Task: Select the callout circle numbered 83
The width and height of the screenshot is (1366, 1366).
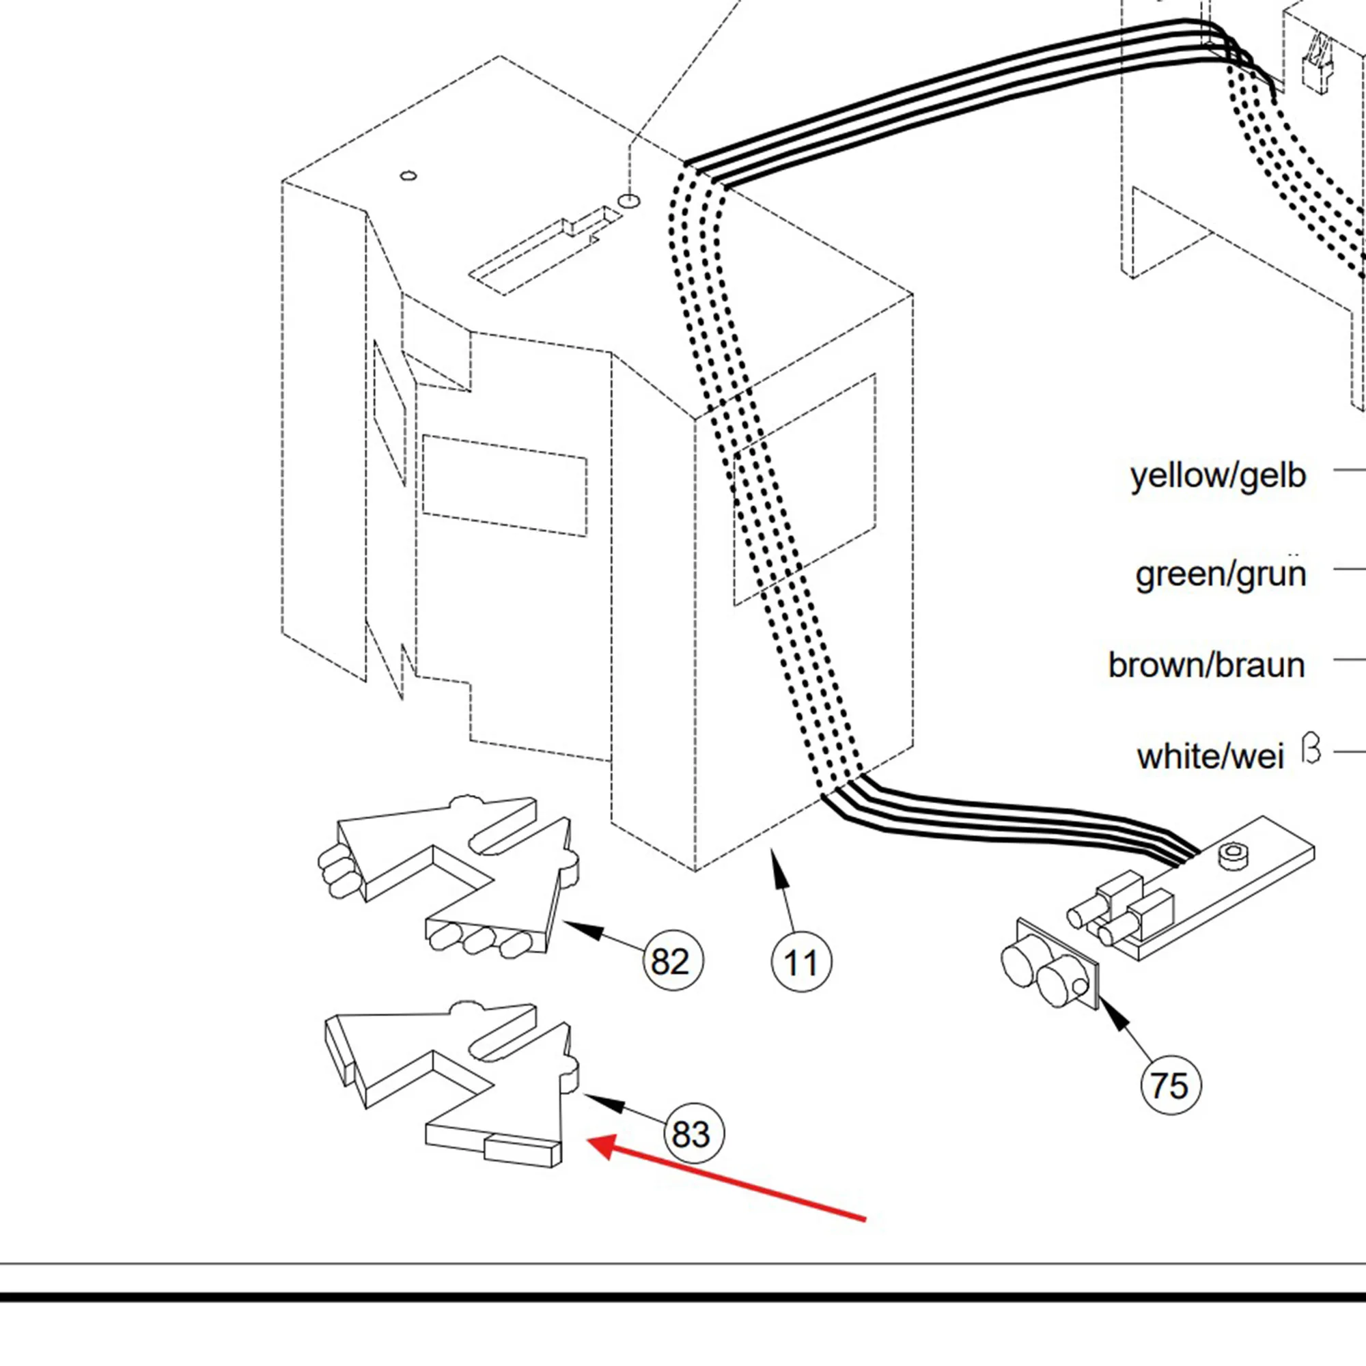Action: coord(694,1134)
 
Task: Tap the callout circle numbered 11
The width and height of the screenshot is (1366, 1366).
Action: coord(801,962)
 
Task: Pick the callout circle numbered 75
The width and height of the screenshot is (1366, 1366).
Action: coord(1170,1085)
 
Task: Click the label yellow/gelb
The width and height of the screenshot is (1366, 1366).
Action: coord(1218,476)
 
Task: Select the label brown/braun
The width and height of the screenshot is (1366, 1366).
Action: coord(1206,665)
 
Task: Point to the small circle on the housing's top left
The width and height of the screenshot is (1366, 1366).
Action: coord(408,176)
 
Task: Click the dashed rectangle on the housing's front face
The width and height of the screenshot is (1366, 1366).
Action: coord(504,486)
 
